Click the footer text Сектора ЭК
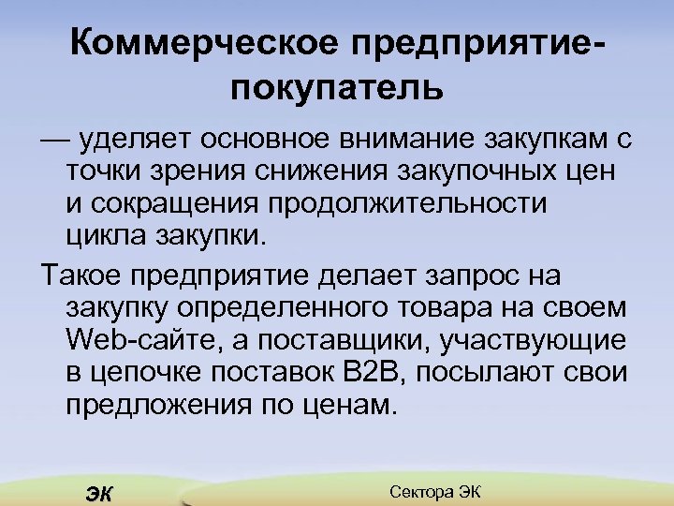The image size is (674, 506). pyautogui.click(x=432, y=491)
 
